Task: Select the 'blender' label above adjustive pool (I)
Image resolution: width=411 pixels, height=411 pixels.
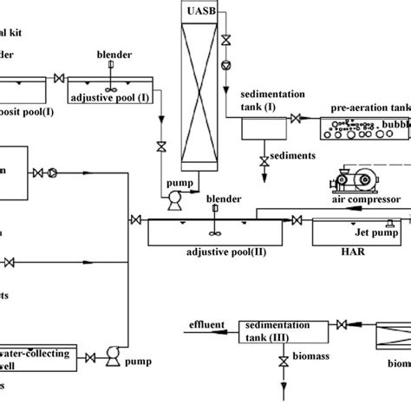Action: pyautogui.click(x=115, y=55)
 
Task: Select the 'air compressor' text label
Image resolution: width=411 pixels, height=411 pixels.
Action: pyautogui.click(x=364, y=199)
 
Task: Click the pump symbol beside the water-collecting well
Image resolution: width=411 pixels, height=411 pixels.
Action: pyautogui.click(x=112, y=354)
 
